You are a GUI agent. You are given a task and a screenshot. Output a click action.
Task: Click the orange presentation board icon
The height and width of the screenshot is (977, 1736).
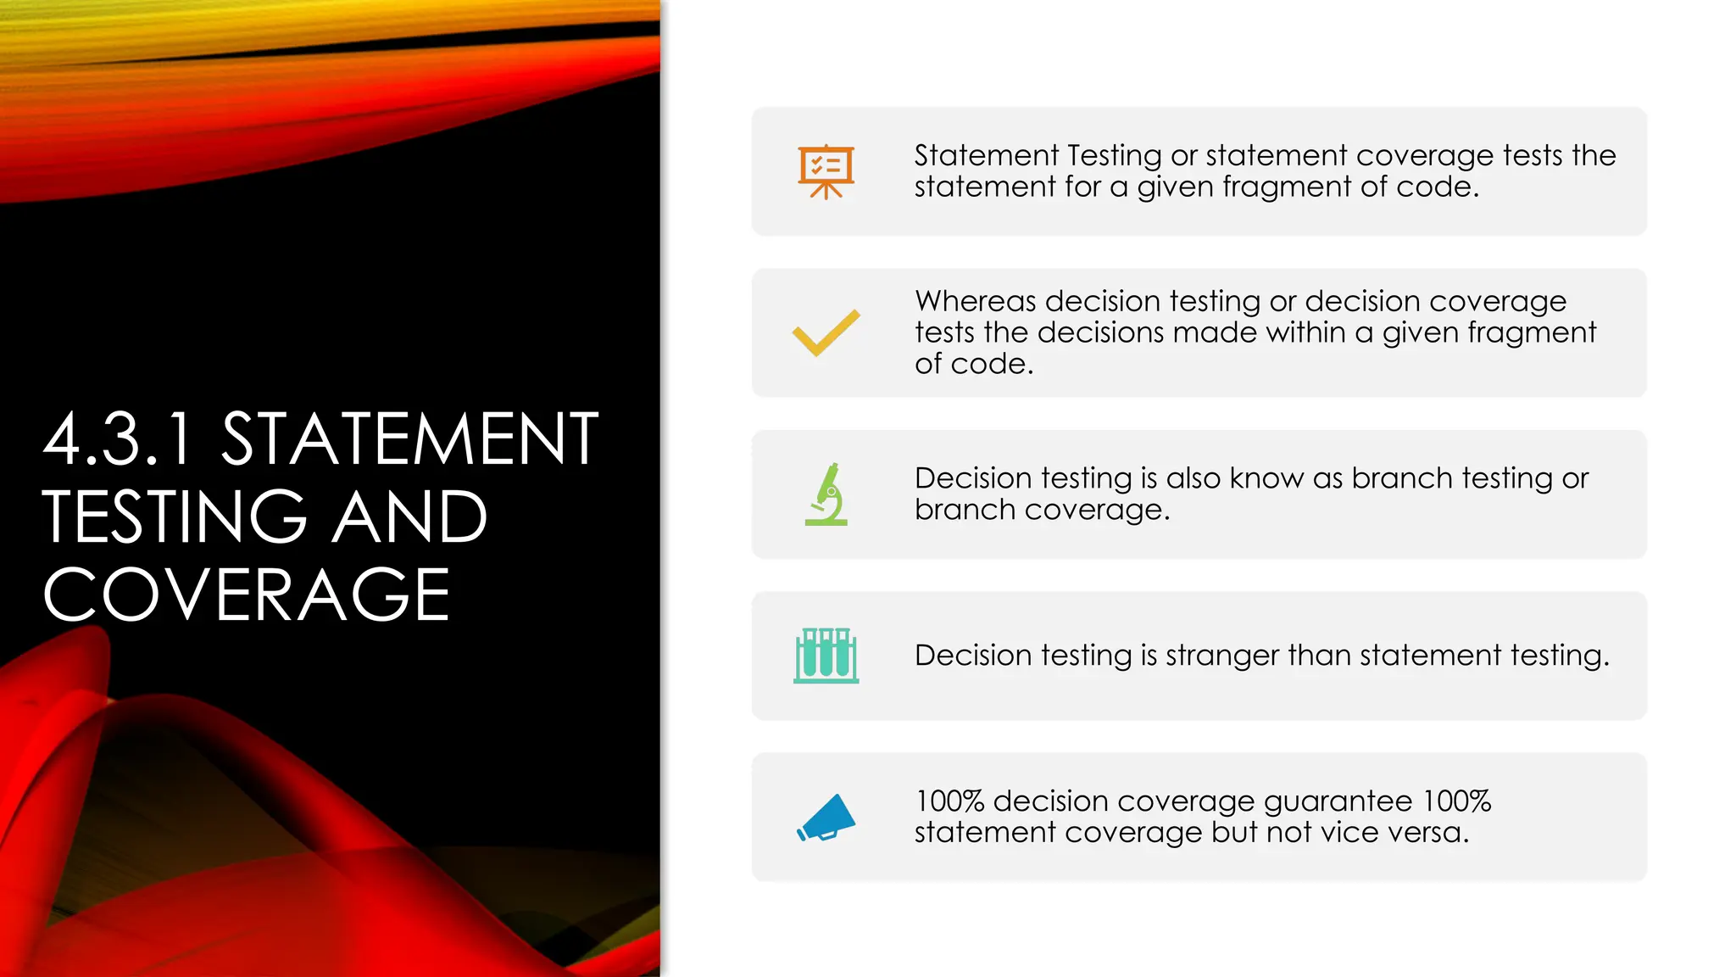826,171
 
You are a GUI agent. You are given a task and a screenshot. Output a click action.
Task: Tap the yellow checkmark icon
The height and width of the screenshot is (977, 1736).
826,332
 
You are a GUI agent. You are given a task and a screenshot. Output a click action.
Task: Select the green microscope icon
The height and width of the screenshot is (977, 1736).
826,494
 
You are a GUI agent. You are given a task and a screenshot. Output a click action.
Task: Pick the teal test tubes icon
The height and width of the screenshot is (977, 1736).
826,656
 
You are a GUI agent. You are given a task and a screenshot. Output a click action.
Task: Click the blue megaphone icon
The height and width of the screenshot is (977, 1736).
826,818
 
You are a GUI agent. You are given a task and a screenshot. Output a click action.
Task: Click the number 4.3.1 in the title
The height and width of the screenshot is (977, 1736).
119,439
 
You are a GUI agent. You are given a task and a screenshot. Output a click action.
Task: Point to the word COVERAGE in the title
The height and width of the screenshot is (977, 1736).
246,595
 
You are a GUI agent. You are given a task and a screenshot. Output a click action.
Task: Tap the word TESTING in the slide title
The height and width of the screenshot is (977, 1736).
175,517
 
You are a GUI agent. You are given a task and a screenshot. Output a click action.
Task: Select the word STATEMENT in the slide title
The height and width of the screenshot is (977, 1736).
410,439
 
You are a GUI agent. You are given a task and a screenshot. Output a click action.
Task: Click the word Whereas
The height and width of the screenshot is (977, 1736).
976,301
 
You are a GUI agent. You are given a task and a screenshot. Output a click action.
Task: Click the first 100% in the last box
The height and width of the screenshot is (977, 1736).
949,801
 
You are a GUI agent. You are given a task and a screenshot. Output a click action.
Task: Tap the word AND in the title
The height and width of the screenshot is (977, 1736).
409,517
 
